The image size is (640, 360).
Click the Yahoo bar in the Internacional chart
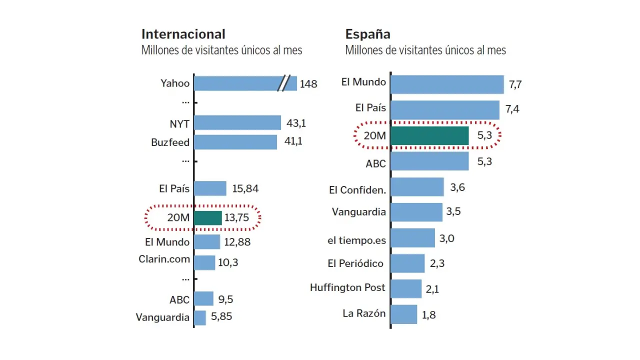pyautogui.click(x=235, y=83)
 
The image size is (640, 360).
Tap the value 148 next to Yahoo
pyautogui.click(x=308, y=84)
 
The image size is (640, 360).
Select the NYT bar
pyautogui.click(x=237, y=122)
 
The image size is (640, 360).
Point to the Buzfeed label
pyautogui.click(x=170, y=142)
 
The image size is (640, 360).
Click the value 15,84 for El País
pyautogui.click(x=245, y=188)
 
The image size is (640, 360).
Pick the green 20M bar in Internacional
pyautogui.click(x=208, y=218)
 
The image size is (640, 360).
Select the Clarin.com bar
pyautogui.click(x=204, y=262)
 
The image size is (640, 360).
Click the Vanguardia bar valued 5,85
pyautogui.click(x=200, y=317)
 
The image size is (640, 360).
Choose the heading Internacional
pyautogui.click(x=183, y=34)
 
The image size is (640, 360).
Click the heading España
pyautogui.click(x=367, y=34)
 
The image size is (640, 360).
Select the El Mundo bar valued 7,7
pyautogui.click(x=447, y=84)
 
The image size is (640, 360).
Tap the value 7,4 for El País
pyautogui.click(x=512, y=109)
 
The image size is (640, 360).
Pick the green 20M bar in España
pyautogui.click(x=429, y=135)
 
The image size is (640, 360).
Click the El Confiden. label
pyautogui.click(x=357, y=190)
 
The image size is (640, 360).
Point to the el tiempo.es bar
pyautogui.click(x=412, y=238)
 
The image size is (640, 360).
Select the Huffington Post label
pyautogui.click(x=347, y=287)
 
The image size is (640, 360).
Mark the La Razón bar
pyautogui.click(x=404, y=314)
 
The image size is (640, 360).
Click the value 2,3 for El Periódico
pyautogui.click(x=437, y=263)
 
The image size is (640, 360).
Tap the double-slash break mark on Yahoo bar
pyautogui.click(x=284, y=83)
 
